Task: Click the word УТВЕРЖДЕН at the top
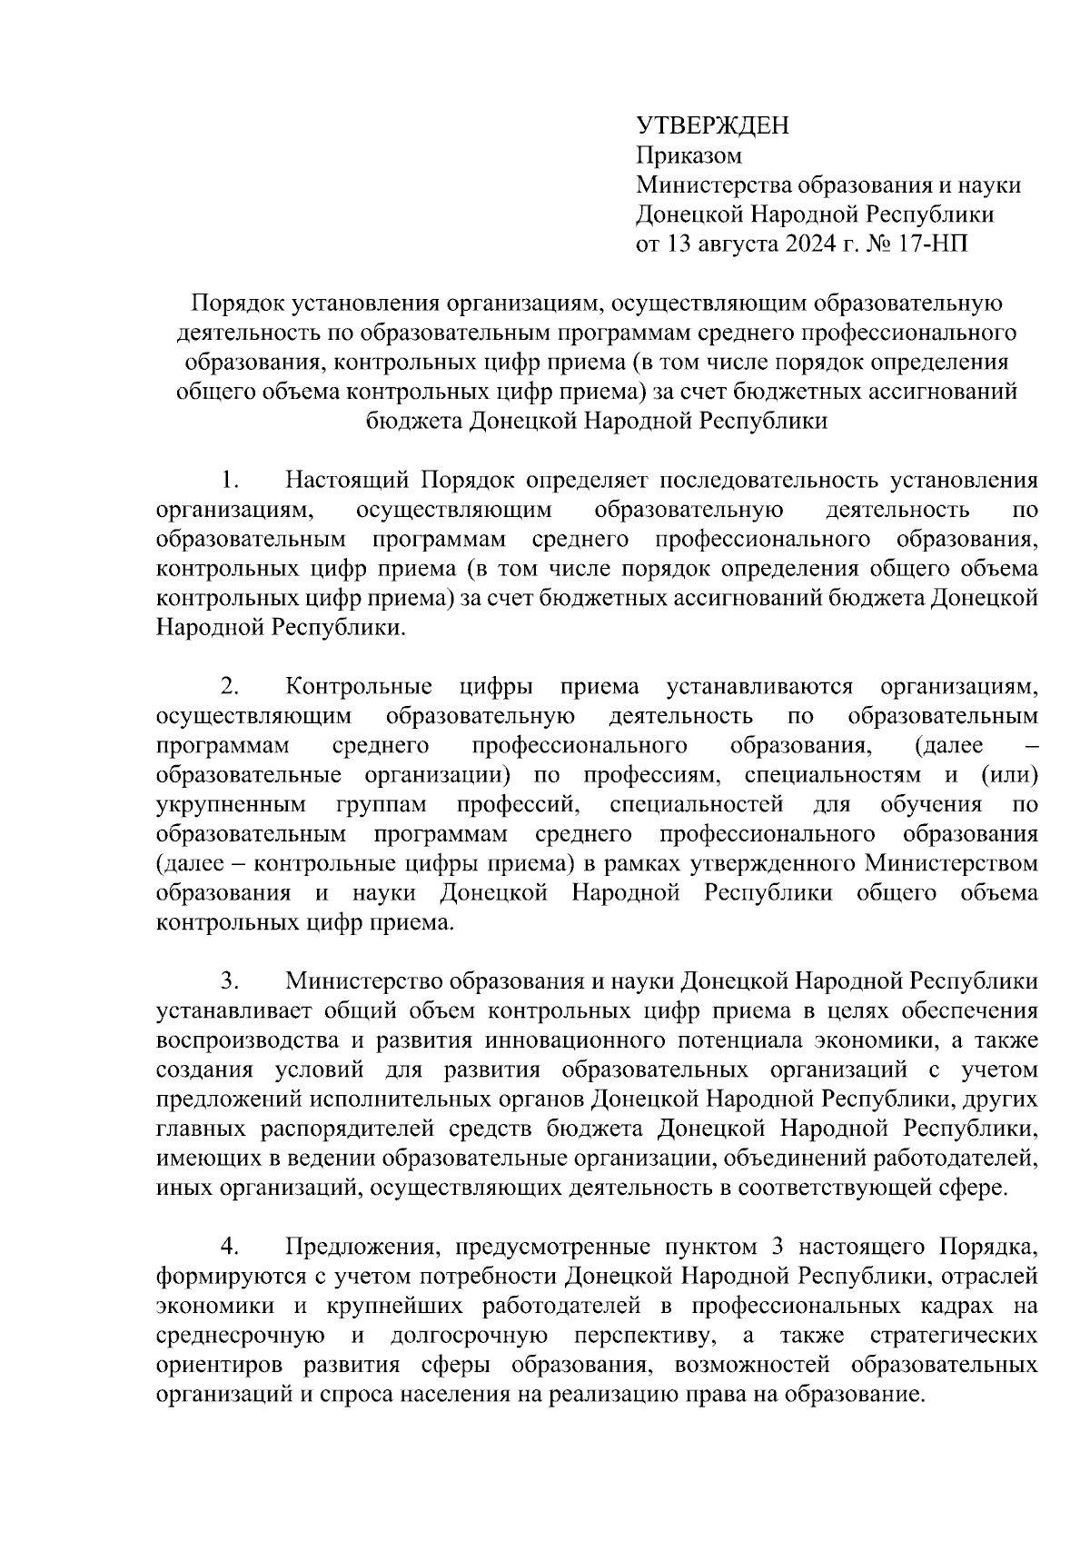[712, 125]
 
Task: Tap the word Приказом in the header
[689, 155]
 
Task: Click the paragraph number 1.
[230, 480]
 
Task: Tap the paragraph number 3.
[230, 981]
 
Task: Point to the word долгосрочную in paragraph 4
[468, 1336]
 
